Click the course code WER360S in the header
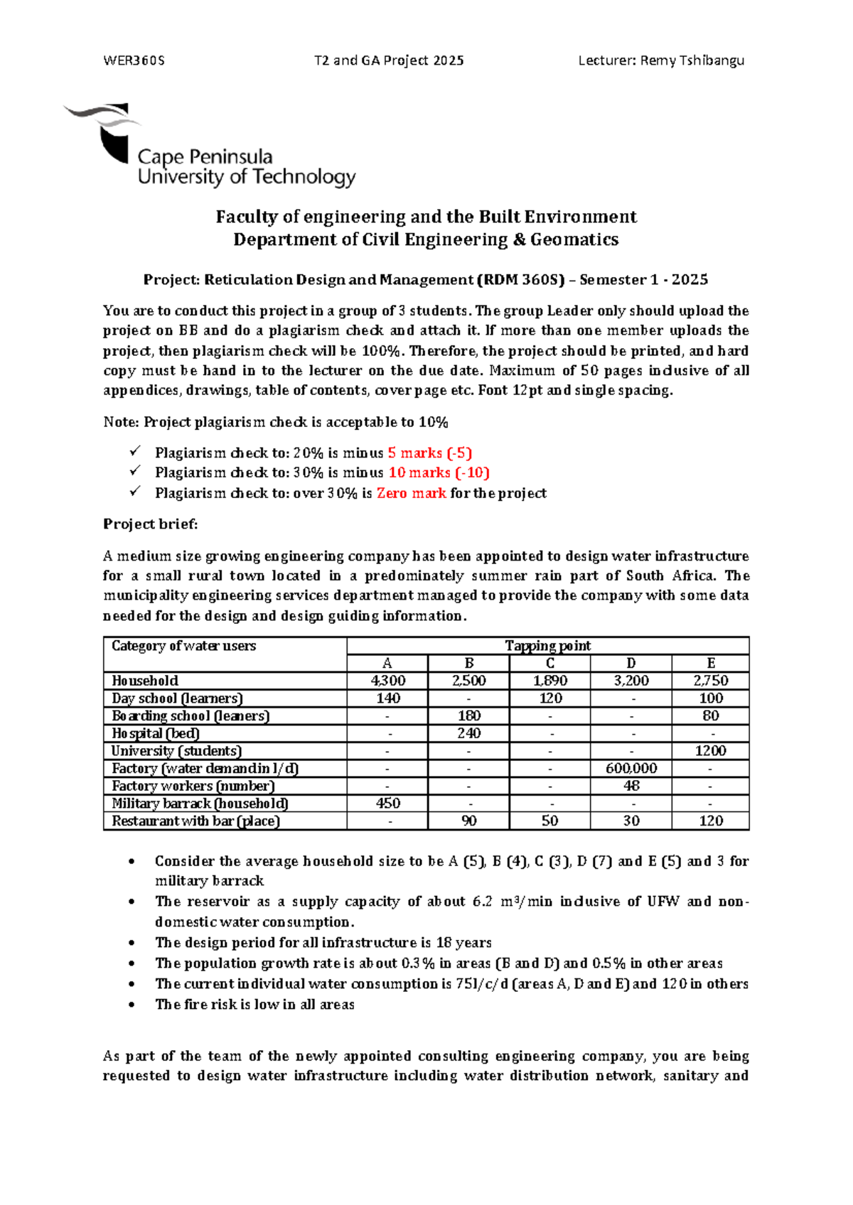(134, 60)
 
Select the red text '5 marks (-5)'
(430, 453)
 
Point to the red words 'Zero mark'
(411, 493)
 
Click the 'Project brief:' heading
(150, 524)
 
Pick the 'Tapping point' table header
(547, 646)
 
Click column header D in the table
(631, 664)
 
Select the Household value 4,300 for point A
(387, 681)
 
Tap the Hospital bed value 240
(468, 733)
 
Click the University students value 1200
(710, 751)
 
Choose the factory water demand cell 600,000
(631, 768)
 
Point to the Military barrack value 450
(387, 804)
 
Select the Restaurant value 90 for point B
(468, 821)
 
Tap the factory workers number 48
(631, 786)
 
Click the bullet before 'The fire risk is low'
(132, 1005)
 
